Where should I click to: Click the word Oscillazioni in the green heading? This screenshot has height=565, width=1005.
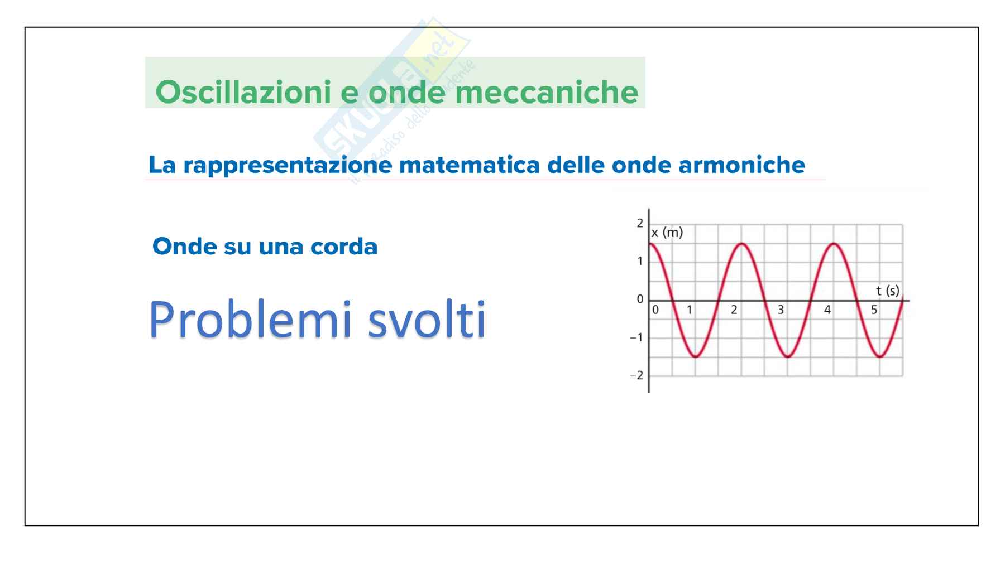[243, 92]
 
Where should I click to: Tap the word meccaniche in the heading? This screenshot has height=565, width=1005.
[547, 93]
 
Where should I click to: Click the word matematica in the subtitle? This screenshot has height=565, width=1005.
[470, 165]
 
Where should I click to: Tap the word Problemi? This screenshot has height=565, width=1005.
[251, 320]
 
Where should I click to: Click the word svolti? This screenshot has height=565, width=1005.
[427, 320]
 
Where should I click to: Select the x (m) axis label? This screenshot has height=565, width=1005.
[667, 233]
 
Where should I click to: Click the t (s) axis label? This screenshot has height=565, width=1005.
[888, 291]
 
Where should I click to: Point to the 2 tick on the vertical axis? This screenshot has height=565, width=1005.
[640, 223]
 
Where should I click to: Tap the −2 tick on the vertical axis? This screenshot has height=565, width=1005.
[636, 375]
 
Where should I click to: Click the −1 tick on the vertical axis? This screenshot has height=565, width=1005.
[636, 337]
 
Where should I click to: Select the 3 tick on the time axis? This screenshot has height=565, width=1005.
[781, 310]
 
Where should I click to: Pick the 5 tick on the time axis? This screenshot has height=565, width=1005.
[874, 310]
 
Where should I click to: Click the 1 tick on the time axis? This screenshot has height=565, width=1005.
[690, 310]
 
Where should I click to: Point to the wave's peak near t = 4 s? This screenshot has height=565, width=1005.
[834, 244]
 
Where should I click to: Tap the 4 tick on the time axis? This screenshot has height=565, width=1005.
[827, 310]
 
